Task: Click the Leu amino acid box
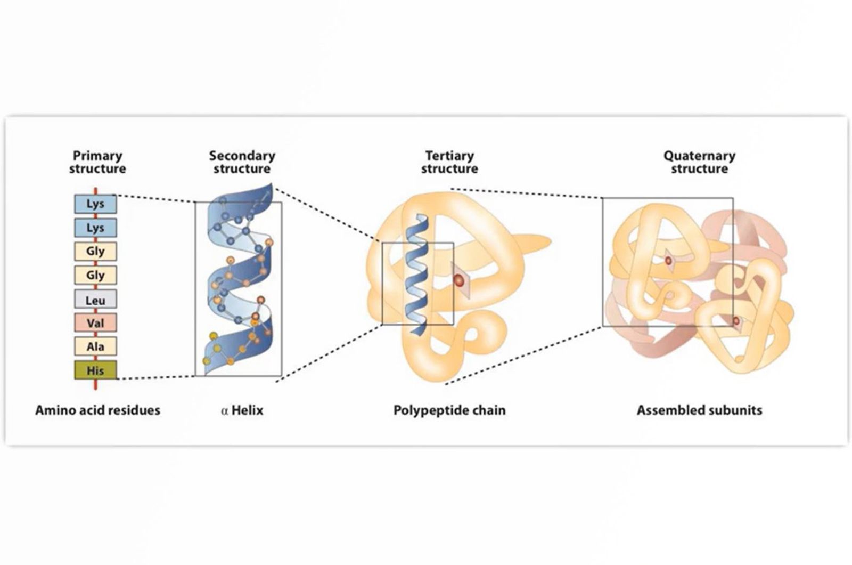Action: (x=95, y=300)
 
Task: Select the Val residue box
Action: (x=95, y=323)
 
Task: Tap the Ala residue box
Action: (x=95, y=346)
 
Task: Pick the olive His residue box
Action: (x=95, y=370)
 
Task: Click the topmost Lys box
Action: (x=95, y=204)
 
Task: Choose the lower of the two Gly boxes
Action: (x=95, y=276)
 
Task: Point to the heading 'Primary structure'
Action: (x=97, y=162)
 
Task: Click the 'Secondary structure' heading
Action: (x=242, y=162)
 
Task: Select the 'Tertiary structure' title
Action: (x=449, y=162)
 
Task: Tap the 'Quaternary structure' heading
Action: (x=699, y=162)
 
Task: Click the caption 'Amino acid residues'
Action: (x=97, y=410)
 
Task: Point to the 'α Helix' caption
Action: (x=242, y=410)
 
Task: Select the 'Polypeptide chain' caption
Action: (x=449, y=410)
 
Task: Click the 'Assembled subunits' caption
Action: (x=699, y=410)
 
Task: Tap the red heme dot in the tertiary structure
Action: (x=458, y=280)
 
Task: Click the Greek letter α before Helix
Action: (x=224, y=411)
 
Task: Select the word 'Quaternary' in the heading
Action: (x=699, y=156)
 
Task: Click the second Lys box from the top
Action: (x=95, y=228)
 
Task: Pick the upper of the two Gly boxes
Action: (x=95, y=252)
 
